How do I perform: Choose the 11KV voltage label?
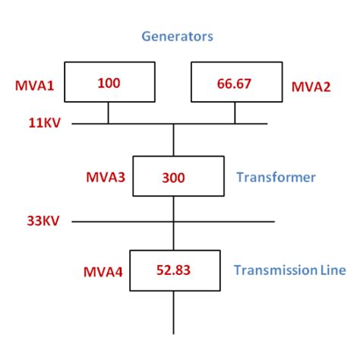[x=33, y=122]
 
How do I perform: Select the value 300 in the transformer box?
[x=173, y=178]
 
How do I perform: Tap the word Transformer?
[x=276, y=178]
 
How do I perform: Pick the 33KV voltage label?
[x=33, y=222]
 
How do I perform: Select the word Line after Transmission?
[x=332, y=270]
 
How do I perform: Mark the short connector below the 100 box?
[x=108, y=112]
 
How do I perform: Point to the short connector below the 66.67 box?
[x=234, y=112]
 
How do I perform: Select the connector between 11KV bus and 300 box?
[x=174, y=140]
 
